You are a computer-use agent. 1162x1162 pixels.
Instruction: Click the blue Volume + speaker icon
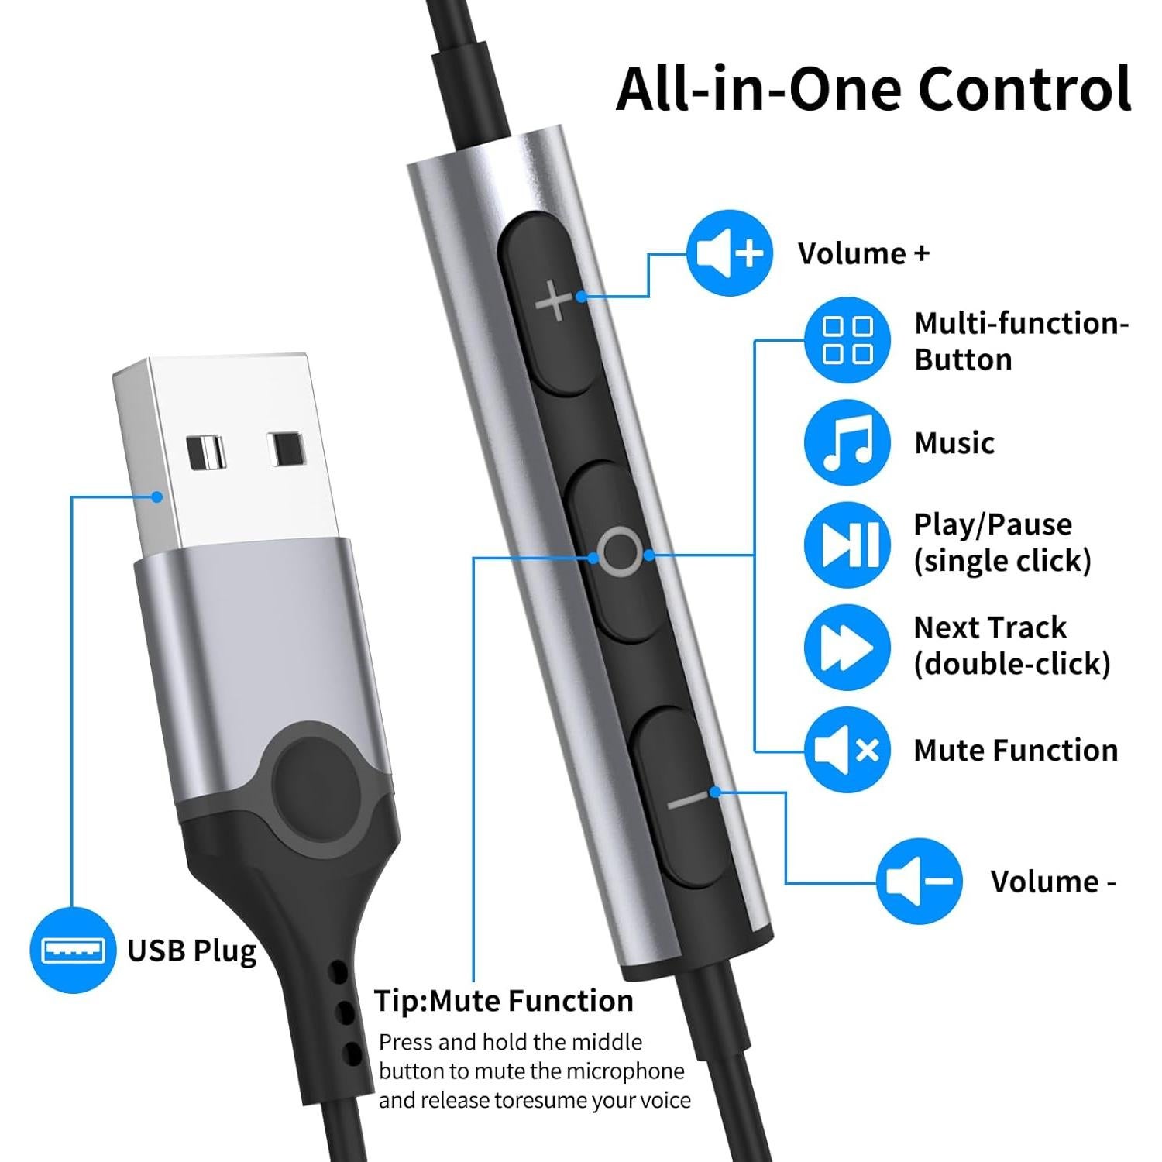click(x=729, y=253)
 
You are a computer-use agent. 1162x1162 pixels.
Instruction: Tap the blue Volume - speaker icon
click(x=919, y=881)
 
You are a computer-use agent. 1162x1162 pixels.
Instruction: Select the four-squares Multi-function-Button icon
click(x=847, y=339)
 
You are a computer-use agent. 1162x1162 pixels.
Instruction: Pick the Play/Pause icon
click(x=847, y=544)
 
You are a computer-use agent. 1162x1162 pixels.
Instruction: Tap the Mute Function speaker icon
click(x=847, y=750)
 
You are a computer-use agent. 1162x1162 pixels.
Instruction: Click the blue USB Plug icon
click(x=73, y=950)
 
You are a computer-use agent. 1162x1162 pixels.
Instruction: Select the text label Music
click(x=954, y=443)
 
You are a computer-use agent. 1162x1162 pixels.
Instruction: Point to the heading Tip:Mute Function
click(x=504, y=1001)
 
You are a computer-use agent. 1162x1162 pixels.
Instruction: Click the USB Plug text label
click(x=191, y=951)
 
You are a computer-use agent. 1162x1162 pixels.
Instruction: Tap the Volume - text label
click(x=1052, y=882)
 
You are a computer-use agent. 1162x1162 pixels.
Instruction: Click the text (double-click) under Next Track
click(x=1012, y=664)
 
